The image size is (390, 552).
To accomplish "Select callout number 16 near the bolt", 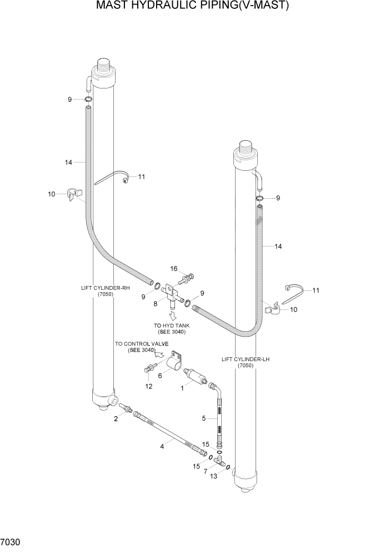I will click(x=174, y=269).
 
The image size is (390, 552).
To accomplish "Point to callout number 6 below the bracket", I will click(x=161, y=376).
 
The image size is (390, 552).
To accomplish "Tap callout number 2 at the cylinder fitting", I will click(x=116, y=419).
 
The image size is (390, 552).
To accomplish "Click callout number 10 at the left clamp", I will click(x=52, y=194).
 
